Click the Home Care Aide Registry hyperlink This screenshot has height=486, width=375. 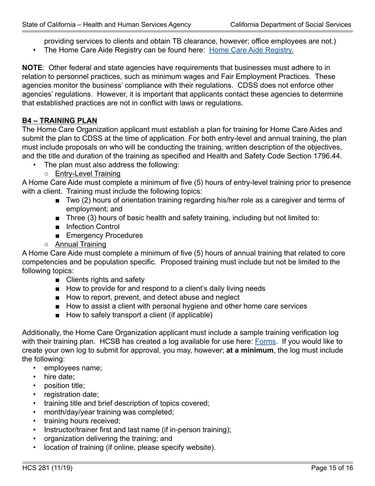[251, 50]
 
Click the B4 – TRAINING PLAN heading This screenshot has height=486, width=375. [60, 121]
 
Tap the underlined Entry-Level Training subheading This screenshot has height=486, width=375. [88, 173]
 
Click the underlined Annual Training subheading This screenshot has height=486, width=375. [81, 244]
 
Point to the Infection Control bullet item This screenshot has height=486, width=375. [93, 226]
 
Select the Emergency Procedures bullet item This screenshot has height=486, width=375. [104, 235]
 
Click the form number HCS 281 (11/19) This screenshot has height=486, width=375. [47, 468]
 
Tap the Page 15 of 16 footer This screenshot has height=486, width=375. [332, 468]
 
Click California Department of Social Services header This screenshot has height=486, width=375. [291, 24]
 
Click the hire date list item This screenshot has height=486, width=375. [59, 377]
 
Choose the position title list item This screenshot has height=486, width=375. [64, 386]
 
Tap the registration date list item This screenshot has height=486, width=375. [71, 394]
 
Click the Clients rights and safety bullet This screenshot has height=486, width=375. [105, 280]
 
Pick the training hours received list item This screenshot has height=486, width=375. [82, 421]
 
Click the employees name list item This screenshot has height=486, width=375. [73, 368]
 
